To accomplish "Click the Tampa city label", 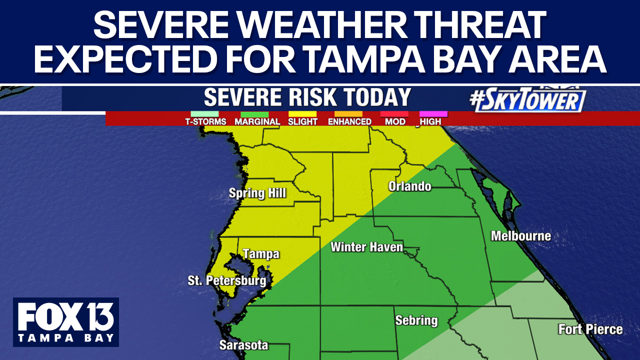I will [x=261, y=254].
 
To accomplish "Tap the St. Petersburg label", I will [x=226, y=281].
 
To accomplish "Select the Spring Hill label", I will [x=257, y=193].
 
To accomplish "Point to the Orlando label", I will [x=409, y=186].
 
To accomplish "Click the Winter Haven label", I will [x=366, y=247].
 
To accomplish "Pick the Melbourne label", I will [x=520, y=236].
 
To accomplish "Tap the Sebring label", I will [x=416, y=320].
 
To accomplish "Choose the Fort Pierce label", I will [x=590, y=329].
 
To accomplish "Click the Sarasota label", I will [x=243, y=345].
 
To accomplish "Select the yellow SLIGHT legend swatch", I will [x=302, y=114].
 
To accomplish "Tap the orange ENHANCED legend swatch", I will [x=348, y=114].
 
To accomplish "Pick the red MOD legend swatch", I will [x=394, y=114].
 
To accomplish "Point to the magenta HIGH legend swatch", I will [x=433, y=114].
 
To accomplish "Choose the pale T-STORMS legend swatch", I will [x=205, y=114].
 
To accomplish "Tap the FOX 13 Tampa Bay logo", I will [x=66, y=322].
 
